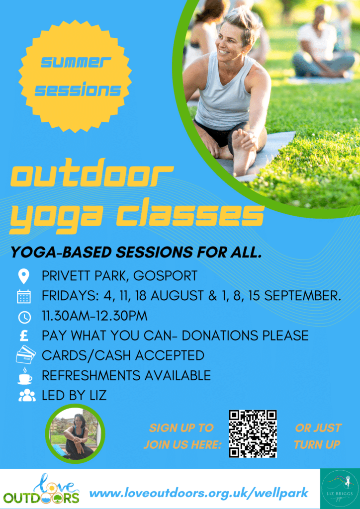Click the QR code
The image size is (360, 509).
coord(253,434)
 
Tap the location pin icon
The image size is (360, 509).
coord(24,277)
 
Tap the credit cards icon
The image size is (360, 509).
coord(25,354)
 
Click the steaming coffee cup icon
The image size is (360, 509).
coord(25,376)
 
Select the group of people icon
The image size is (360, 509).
coord(27,396)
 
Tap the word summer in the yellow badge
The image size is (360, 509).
coord(76,62)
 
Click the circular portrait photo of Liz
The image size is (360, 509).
coord(75,433)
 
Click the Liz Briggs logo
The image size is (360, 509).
coord(340,489)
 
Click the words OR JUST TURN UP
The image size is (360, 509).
coord(317,436)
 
